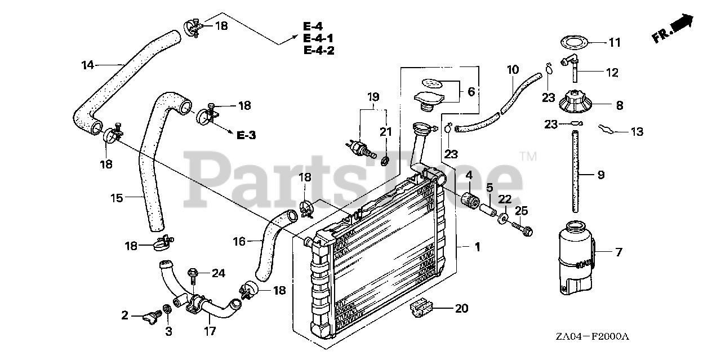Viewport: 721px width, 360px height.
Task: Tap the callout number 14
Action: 87,65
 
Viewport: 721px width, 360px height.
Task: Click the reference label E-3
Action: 246,135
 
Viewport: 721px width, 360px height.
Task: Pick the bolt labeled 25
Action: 522,230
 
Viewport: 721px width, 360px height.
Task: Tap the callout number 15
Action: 117,198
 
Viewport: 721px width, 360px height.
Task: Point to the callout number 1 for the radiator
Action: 477,247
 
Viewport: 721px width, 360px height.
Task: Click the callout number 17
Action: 210,332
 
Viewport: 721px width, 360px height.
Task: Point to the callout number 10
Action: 513,70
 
